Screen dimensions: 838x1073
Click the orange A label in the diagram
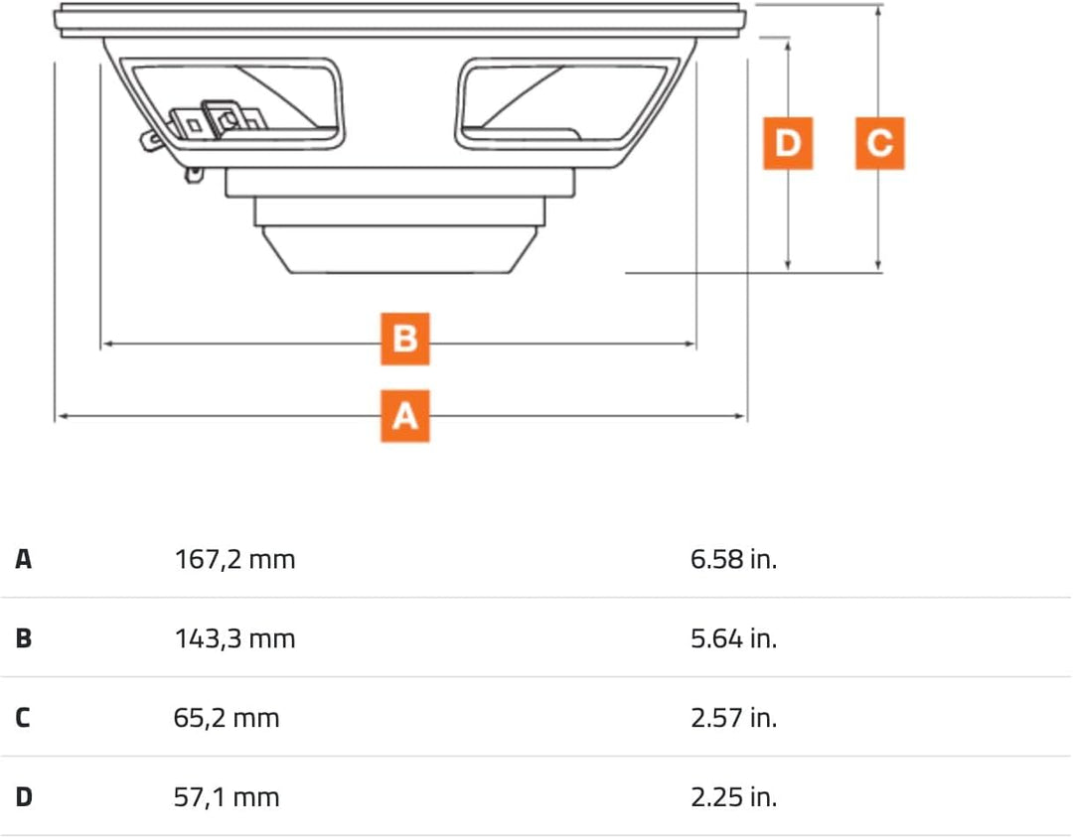pos(405,416)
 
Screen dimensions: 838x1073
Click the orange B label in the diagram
pos(405,340)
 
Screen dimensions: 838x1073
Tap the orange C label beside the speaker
pos(879,144)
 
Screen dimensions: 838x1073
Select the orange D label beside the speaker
pos(788,144)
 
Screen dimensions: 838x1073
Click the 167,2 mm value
pos(235,559)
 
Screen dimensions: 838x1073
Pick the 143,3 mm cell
pos(235,638)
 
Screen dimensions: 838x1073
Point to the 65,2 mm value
pos(227,718)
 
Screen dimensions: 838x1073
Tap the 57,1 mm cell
pos(227,797)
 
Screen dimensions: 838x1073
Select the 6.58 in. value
pos(733,559)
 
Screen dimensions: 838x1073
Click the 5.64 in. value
pos(733,638)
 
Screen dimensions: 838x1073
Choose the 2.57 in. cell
pos(733,718)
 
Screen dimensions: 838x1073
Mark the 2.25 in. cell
pos(733,797)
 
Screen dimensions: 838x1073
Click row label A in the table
pos(24,559)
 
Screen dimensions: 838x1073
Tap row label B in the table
pos(24,638)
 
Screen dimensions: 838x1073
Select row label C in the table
pos(24,718)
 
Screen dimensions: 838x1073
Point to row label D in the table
pos(24,797)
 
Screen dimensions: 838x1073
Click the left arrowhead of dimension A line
pos(60,417)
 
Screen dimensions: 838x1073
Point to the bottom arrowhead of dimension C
pos(878,265)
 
